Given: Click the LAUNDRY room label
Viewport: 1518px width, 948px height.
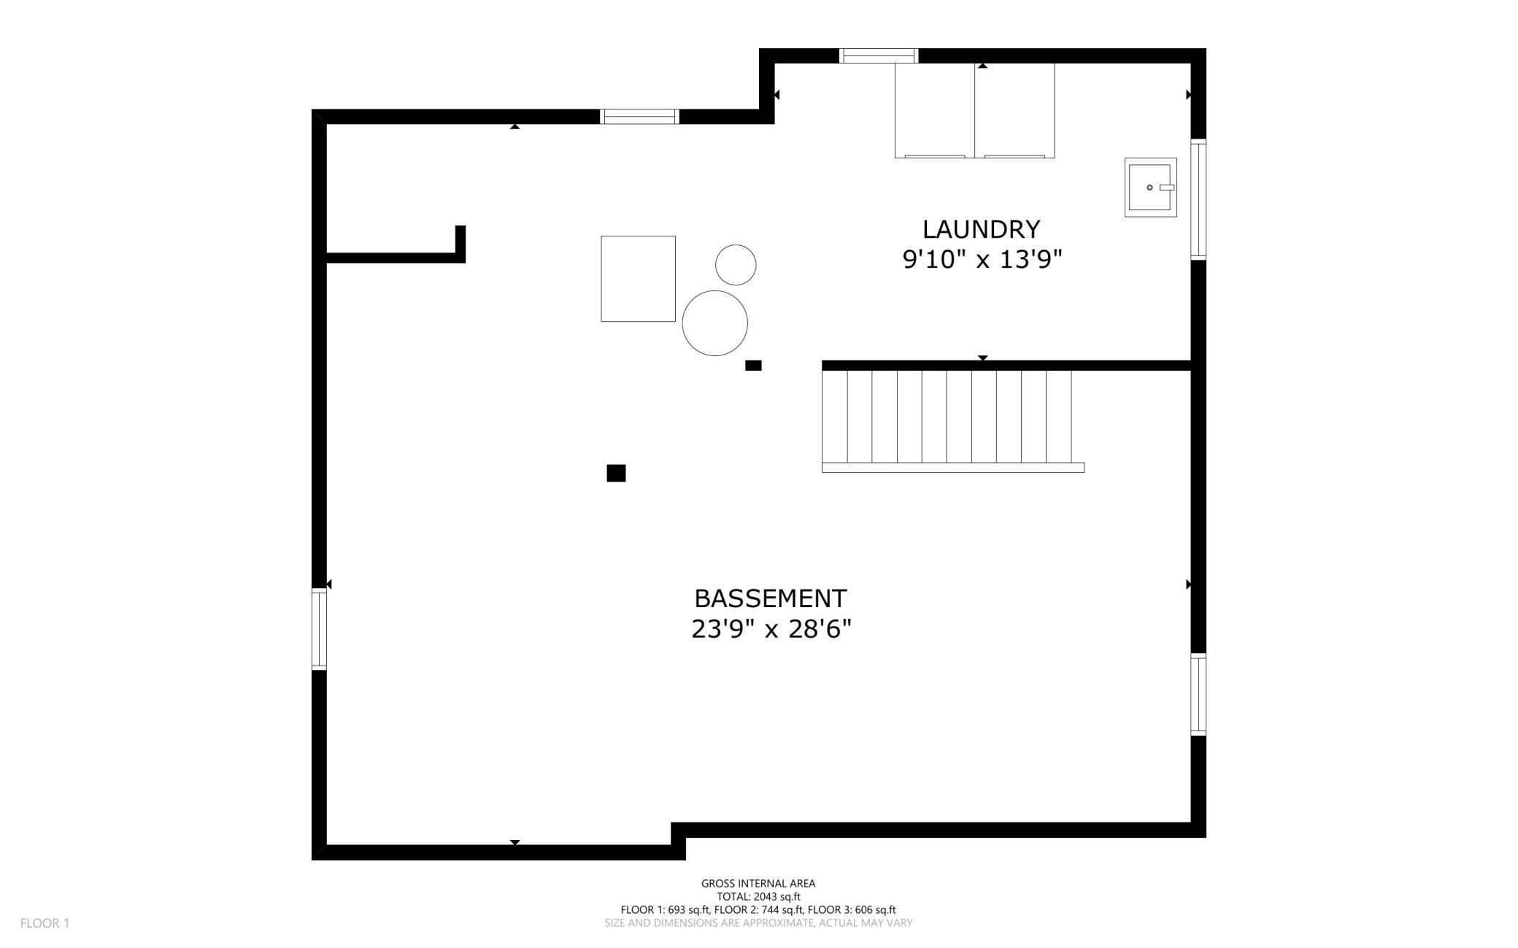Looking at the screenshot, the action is tap(981, 229).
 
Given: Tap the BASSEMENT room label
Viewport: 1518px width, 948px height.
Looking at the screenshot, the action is tap(770, 598).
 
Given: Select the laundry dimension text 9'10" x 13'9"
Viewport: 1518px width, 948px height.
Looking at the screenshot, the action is tap(982, 259).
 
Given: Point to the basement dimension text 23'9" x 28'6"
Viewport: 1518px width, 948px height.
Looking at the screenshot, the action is tap(771, 628).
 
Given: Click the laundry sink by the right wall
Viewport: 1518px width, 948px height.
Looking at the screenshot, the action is tap(1150, 188).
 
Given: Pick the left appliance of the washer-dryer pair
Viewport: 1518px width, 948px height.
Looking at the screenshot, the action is tap(935, 110).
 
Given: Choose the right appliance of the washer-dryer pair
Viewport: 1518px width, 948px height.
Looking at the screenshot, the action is tap(1014, 110).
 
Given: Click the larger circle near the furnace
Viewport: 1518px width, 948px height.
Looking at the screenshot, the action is tap(714, 323).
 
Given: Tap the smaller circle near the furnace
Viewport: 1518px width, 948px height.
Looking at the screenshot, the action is tap(736, 265).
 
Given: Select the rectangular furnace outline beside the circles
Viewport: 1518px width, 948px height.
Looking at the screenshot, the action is tap(638, 279).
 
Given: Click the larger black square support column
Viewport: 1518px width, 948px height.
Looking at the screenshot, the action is tap(616, 473).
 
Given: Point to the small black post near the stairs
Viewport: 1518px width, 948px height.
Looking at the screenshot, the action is tap(753, 366).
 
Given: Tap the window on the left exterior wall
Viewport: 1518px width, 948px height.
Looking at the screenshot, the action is tap(319, 629).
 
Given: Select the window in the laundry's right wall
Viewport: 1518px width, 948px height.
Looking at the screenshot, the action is tap(1198, 199).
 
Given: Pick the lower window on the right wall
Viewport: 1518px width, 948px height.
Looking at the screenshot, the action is tap(1198, 694).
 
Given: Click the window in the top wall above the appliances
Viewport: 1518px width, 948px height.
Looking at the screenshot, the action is tap(879, 55).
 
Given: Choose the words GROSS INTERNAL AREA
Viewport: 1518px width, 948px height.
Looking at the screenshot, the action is tap(758, 883).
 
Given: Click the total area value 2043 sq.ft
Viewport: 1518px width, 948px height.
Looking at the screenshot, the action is tap(777, 897).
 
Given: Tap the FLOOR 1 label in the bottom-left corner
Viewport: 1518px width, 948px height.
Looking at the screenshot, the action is tap(45, 923).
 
